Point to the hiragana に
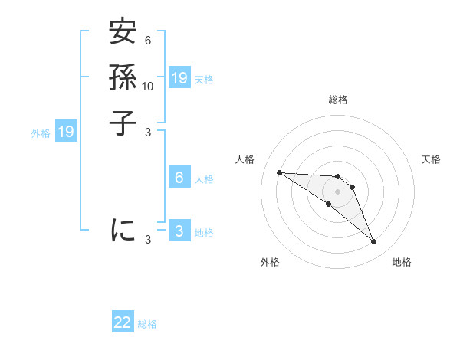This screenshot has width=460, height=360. point(123,230)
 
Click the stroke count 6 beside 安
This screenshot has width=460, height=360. point(147,41)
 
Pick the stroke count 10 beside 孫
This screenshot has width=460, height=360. point(148,86)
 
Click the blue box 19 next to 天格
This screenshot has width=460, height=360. point(179,77)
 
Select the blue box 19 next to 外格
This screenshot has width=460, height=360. point(66,132)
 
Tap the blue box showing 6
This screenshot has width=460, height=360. point(179,178)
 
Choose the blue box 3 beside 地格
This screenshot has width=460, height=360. point(179,231)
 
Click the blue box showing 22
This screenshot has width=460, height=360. point(123,322)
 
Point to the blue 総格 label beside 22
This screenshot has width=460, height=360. point(147,324)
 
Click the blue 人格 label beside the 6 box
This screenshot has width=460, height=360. point(204,179)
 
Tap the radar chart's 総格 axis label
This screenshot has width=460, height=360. point(338,100)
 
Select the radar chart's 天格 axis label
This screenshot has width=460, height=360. point(432,159)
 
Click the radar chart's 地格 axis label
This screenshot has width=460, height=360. point(402,262)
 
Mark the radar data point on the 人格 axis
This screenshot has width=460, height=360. point(279,172)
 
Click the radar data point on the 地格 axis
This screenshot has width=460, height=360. point(373,242)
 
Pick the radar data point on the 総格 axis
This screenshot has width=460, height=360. point(338,177)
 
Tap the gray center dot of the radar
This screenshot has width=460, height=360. point(337,191)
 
